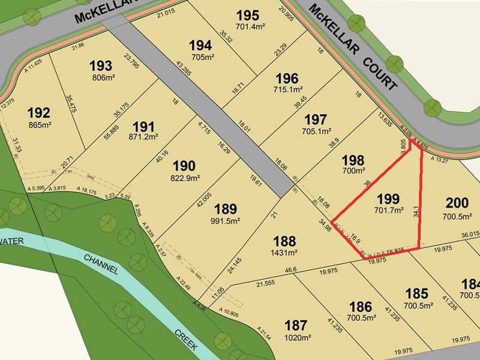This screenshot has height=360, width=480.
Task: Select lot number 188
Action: tap(284, 241)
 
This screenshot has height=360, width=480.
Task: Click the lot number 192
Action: tap(39, 112)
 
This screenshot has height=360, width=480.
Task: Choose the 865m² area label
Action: tap(39, 125)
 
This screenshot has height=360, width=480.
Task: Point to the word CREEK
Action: tap(188, 340)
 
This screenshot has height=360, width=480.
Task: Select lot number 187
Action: tap(296, 325)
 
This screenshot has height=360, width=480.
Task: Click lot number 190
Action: tap(184, 166)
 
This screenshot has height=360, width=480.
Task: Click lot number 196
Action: tap(286, 78)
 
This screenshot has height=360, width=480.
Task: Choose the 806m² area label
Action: tap(101, 78)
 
